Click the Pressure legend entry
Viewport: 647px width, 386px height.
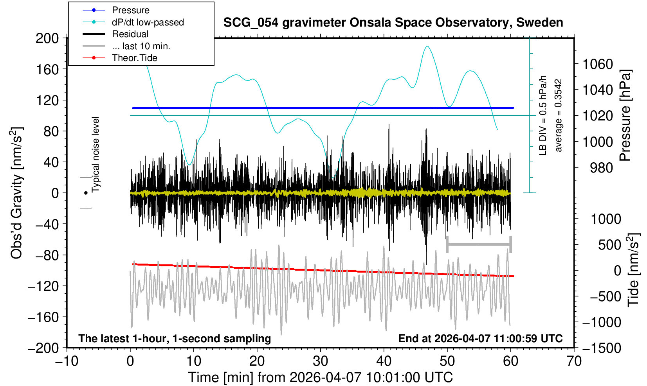(130, 10)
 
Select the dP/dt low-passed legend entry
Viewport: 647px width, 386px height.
(148, 22)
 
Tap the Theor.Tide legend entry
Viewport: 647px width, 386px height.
(134, 58)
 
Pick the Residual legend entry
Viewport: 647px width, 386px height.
(130, 34)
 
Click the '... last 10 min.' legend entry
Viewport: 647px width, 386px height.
(141, 46)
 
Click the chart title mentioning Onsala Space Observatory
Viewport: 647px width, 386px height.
(393, 23)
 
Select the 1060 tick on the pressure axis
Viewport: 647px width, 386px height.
(598, 64)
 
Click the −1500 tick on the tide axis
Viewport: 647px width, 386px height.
(601, 348)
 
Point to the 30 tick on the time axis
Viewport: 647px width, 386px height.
(320, 361)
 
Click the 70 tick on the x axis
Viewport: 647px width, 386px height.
(574, 361)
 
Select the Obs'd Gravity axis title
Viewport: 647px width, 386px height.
(17, 193)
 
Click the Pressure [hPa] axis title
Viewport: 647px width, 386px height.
(625, 115)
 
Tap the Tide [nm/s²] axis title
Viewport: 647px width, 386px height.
(633, 270)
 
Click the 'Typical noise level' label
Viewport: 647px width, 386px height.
(96, 154)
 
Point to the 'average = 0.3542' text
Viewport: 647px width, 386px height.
(559, 115)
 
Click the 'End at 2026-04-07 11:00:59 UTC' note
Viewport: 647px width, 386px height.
(480, 338)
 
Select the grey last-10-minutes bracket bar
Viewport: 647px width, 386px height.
(479, 245)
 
